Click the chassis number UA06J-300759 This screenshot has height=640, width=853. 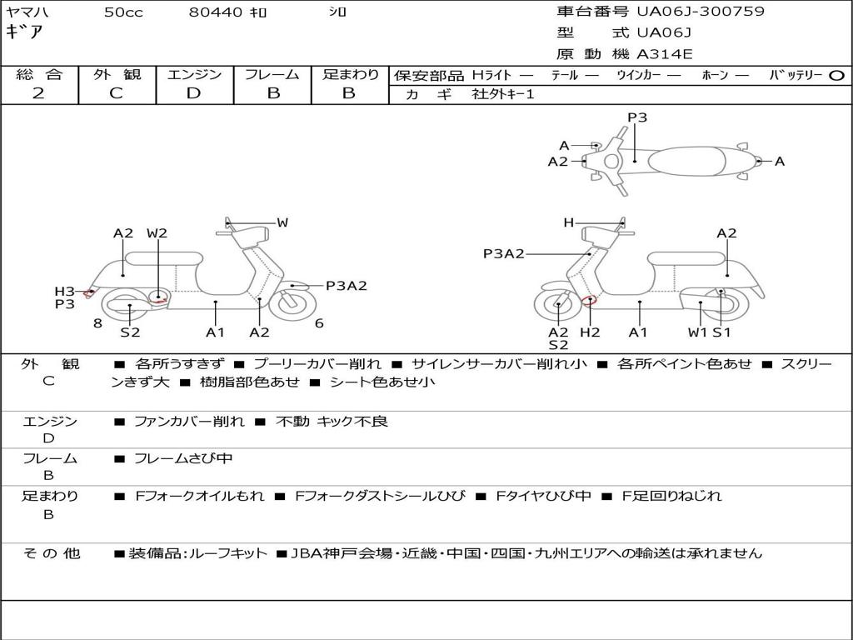point(700,12)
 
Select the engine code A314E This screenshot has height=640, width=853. point(664,55)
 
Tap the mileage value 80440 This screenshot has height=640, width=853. point(216,12)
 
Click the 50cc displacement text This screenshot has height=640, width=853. point(123,12)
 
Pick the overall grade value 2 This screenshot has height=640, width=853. point(38,93)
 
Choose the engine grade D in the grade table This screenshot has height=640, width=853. point(194,93)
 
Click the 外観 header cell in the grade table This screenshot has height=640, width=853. point(117,75)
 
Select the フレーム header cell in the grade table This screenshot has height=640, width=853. point(272,75)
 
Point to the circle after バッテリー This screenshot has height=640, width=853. point(836,75)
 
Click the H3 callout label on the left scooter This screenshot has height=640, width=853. point(65,291)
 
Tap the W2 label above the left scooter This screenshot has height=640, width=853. point(157,233)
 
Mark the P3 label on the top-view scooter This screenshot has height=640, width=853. point(637,117)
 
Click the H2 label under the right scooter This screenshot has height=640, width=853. point(590,332)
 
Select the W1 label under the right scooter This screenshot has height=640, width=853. point(697,332)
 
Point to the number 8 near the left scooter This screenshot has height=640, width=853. point(97,323)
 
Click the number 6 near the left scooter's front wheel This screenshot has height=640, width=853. point(319,323)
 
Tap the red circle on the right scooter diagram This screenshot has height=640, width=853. point(591,301)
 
